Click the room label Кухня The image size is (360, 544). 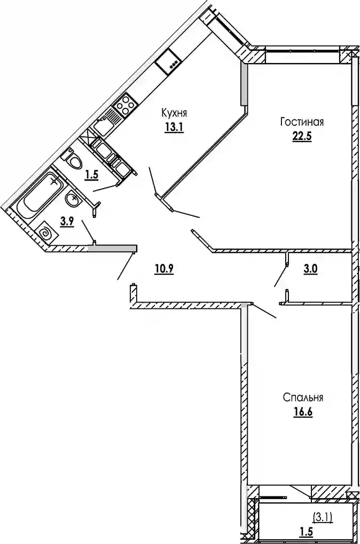pyautogui.click(x=174, y=113)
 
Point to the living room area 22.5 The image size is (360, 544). pyautogui.click(x=302, y=135)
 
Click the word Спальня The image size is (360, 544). pyautogui.click(x=303, y=398)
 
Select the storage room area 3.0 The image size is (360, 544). pyautogui.click(x=311, y=270)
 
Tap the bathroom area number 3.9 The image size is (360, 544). pyautogui.click(x=66, y=222)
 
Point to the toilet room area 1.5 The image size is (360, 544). pyautogui.click(x=92, y=173)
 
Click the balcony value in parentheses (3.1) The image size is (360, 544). pyautogui.click(x=323, y=517)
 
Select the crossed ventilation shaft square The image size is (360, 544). pyautogui.click(x=98, y=143)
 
